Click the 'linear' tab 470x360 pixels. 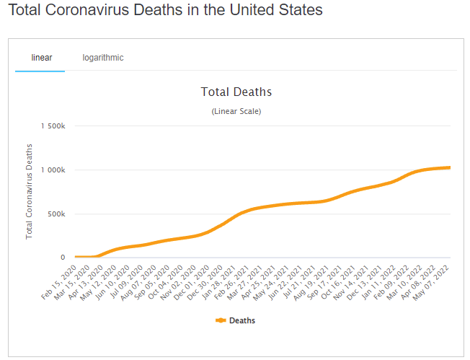(x=41, y=58)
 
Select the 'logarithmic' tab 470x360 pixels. (x=102, y=58)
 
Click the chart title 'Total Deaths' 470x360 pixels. (x=236, y=92)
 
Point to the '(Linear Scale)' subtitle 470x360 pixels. (x=236, y=112)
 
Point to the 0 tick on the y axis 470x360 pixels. (x=63, y=258)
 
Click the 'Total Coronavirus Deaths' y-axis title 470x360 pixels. (x=30, y=191)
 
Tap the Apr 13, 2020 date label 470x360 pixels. (x=87, y=277)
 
